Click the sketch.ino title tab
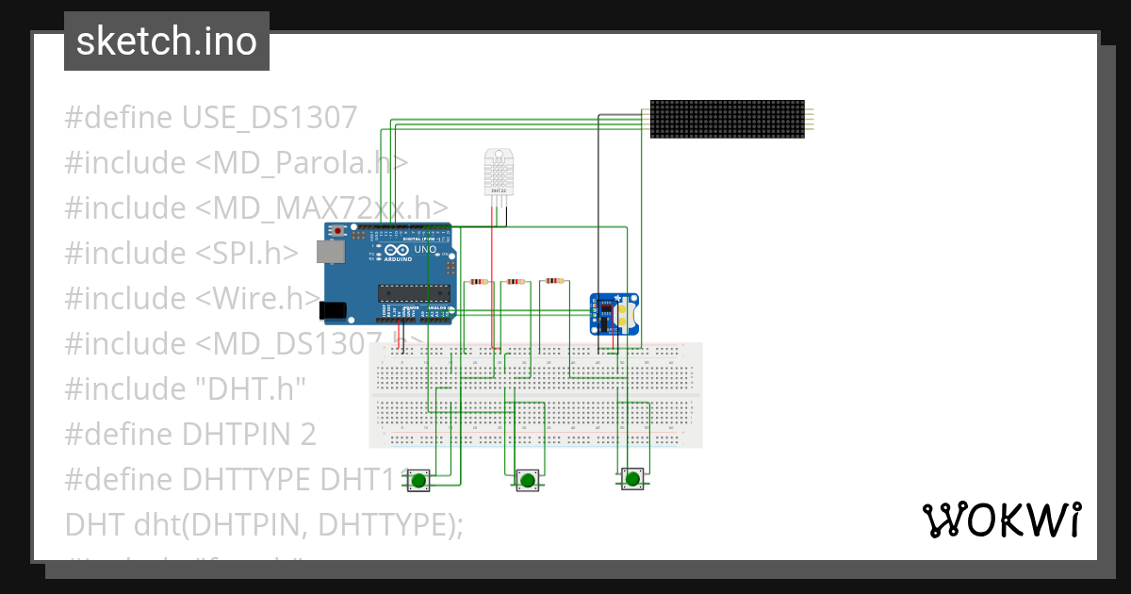coord(167,41)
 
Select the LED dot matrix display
coord(727,119)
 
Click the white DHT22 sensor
coord(498,172)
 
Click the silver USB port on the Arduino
coord(328,252)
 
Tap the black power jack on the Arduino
coord(331,309)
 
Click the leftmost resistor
coord(480,281)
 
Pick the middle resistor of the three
coord(516,281)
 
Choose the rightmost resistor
coord(552,280)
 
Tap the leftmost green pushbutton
coord(418,481)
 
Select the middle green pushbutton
coord(527,481)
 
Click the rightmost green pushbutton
coord(632,479)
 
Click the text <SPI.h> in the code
coord(248,253)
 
